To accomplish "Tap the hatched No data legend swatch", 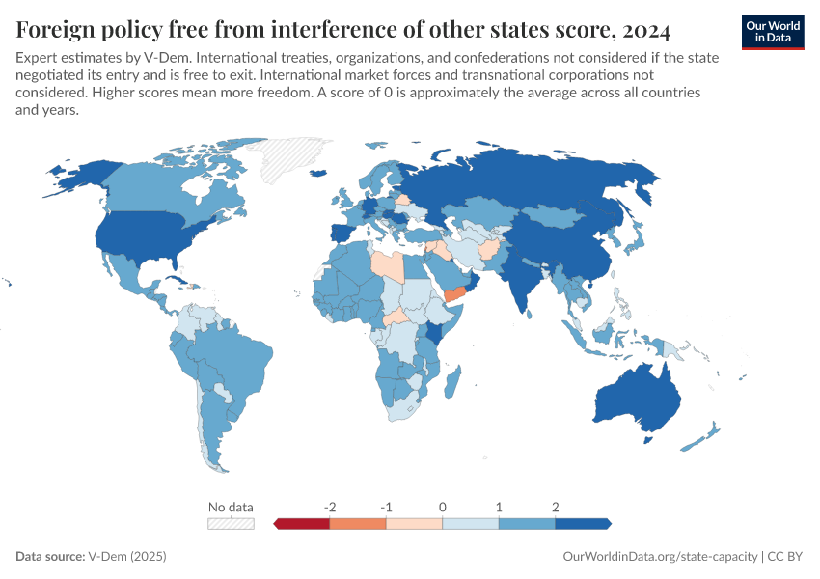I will [231, 523].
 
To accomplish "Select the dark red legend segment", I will [302, 523].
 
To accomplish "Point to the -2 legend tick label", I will [330, 507].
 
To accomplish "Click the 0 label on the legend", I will [443, 507].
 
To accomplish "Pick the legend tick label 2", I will [556, 507].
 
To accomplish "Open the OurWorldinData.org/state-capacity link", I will [660, 557].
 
